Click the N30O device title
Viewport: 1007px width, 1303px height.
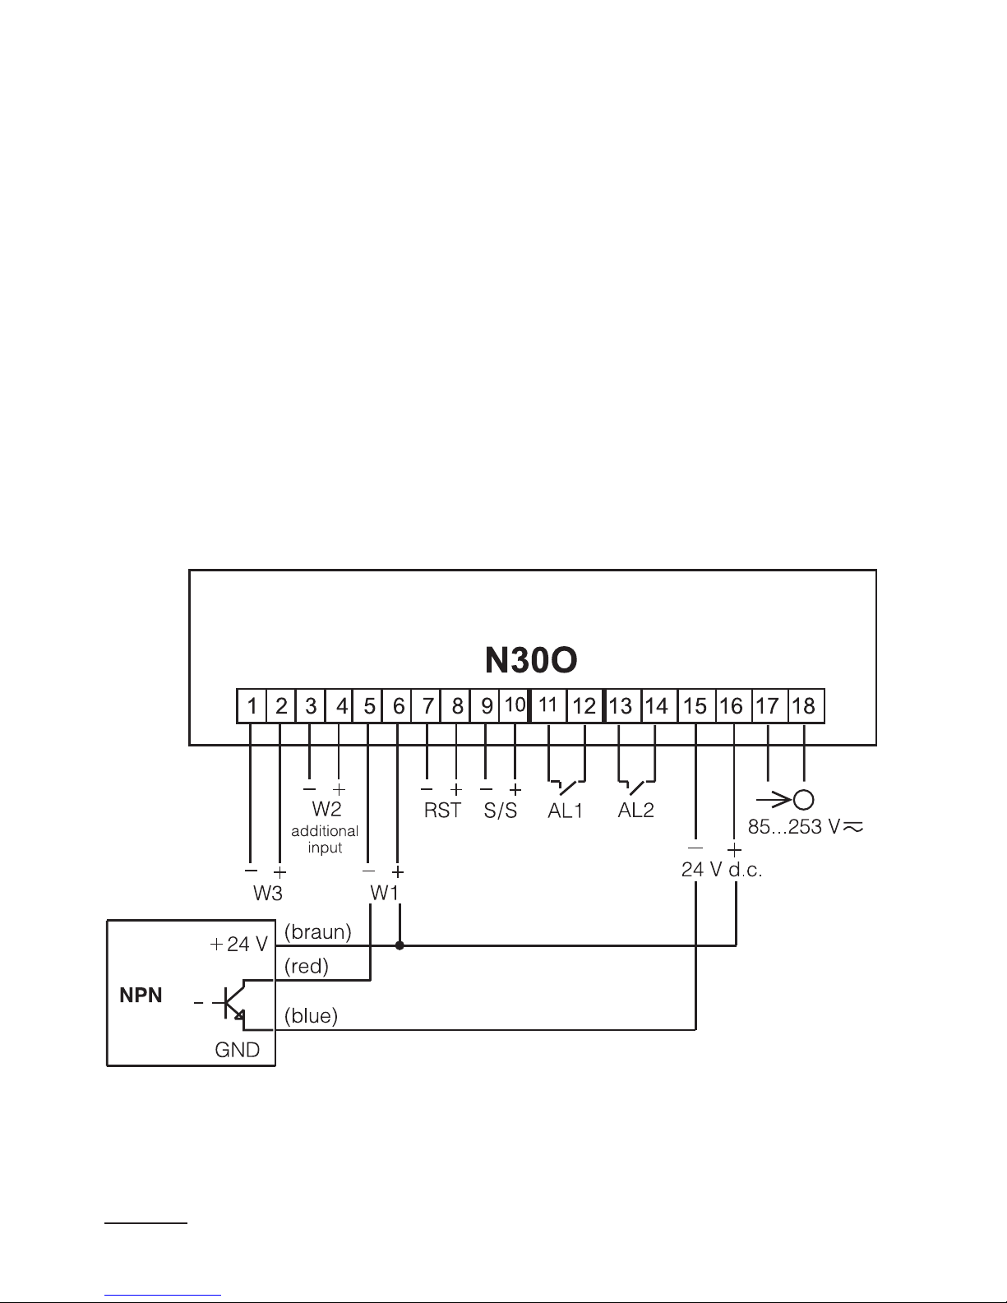tap(531, 660)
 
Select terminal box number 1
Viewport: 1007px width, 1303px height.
tap(252, 706)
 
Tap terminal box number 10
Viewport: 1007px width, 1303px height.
tap(515, 705)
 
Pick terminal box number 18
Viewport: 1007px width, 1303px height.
tap(805, 706)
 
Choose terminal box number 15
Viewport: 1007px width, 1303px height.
tap(695, 706)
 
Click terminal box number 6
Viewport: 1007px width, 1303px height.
tap(397, 706)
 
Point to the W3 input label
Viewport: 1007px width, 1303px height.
tap(267, 894)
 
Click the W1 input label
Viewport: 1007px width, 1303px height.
tap(384, 893)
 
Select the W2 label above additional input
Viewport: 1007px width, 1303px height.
tap(326, 809)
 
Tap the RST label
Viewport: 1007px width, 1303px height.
tap(442, 810)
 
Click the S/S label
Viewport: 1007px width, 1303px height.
tap(501, 810)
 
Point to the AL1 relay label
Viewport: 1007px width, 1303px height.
tap(566, 811)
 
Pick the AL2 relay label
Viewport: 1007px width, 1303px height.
tap(636, 810)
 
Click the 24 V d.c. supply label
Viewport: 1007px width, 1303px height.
tap(722, 870)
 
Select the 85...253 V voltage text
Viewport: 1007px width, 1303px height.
tap(794, 827)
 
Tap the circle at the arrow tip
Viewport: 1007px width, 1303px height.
tap(804, 800)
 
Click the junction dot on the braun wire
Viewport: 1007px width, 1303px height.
tap(400, 945)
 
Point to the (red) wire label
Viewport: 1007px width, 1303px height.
tap(307, 967)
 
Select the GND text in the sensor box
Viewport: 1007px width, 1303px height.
tap(238, 1050)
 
